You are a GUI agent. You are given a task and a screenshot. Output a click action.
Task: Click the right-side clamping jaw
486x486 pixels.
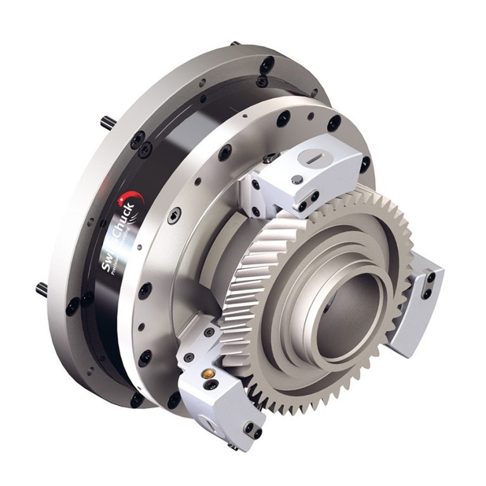point(418,301)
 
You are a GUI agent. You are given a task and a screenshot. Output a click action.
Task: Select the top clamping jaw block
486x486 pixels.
point(297,180)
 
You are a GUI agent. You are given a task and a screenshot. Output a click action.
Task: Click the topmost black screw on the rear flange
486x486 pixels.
point(268,63)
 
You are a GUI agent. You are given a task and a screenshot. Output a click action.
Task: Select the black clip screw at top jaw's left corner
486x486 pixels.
point(270,160)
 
